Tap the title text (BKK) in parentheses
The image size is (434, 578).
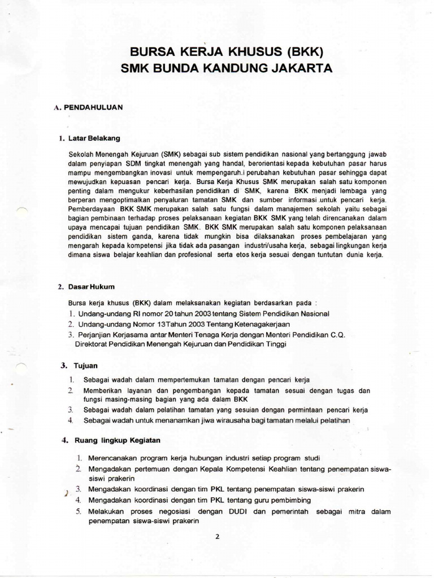(306, 53)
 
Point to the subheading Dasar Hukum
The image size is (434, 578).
(91, 287)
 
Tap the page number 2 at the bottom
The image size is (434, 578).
(216, 537)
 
